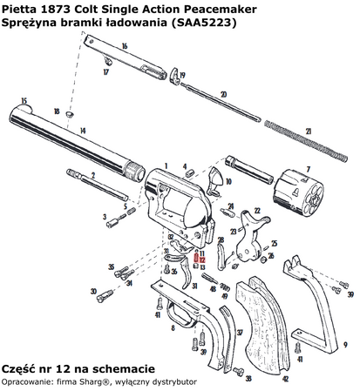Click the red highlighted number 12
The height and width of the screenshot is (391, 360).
[x=200, y=260]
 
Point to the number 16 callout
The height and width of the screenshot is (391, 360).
[x=125, y=45]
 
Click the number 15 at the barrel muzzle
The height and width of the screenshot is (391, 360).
[x=24, y=100]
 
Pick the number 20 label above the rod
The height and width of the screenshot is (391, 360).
[x=223, y=94]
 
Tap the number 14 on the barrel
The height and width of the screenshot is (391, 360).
[x=83, y=131]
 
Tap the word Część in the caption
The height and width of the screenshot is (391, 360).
[x=22, y=368]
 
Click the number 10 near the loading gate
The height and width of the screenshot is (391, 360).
[x=228, y=183]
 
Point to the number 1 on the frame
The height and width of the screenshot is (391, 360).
[x=164, y=163]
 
